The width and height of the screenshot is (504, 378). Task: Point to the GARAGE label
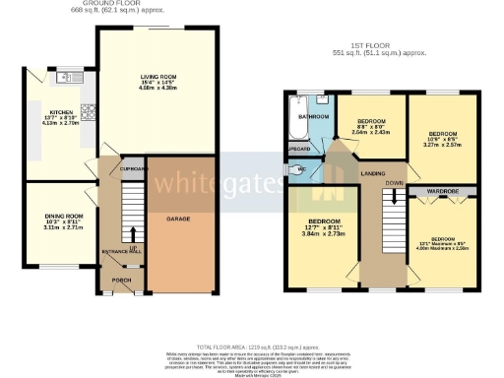click(177, 218)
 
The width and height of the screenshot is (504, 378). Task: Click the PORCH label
click(122, 279)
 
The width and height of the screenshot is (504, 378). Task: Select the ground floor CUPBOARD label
click(133, 168)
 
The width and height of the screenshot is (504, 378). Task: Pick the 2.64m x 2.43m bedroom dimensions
click(371, 130)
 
